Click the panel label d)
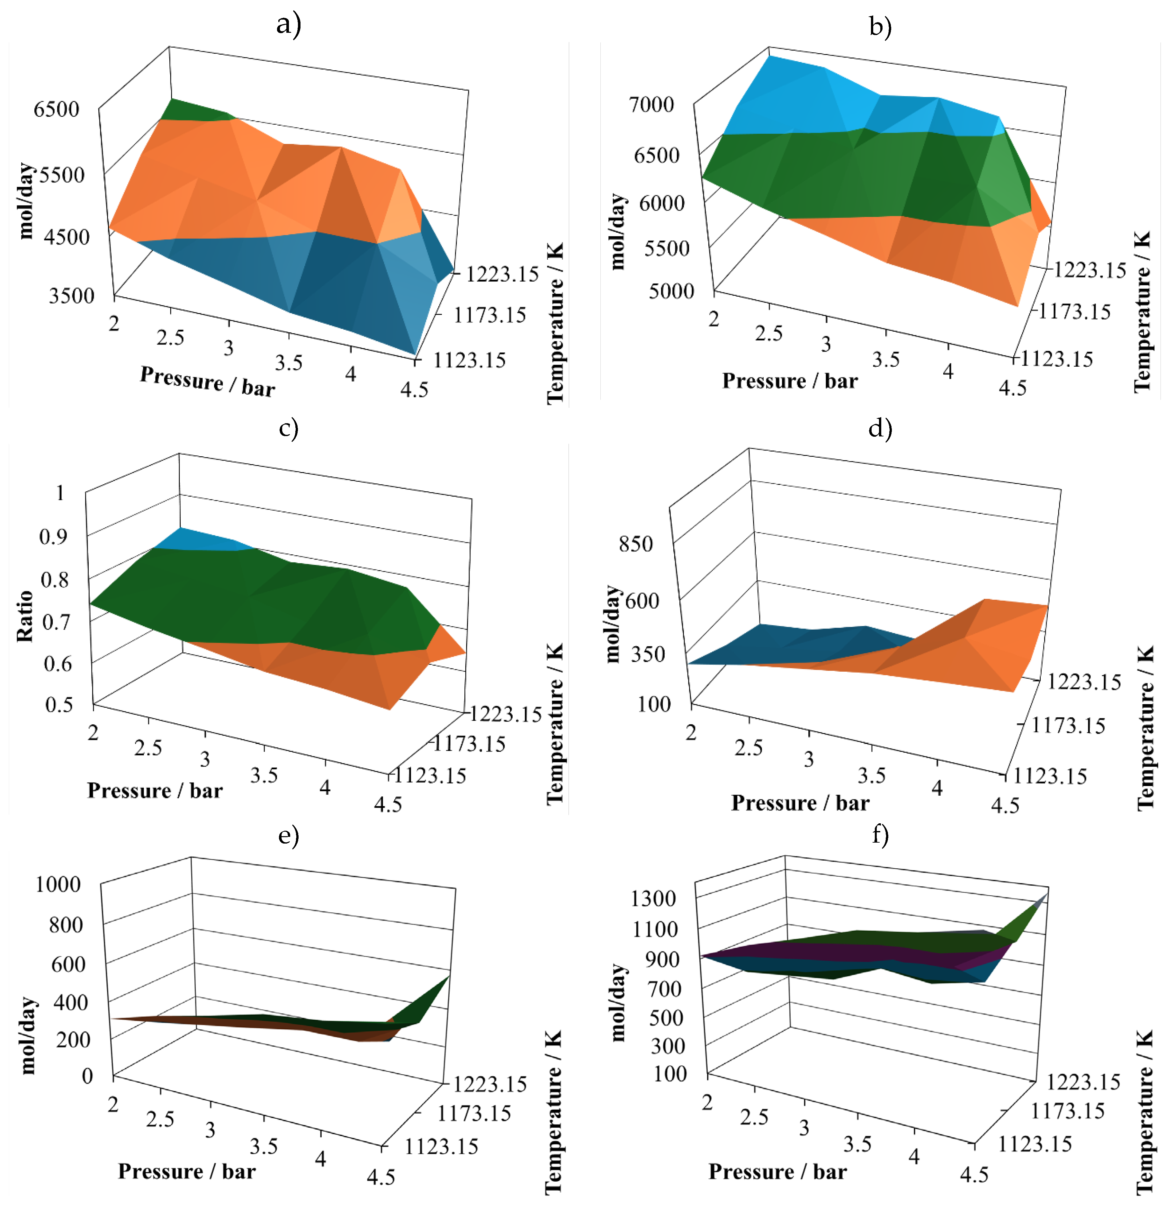(x=880, y=427)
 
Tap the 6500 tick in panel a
(x=57, y=109)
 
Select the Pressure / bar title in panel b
(x=789, y=381)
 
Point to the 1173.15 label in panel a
(x=490, y=316)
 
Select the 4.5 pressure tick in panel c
(x=388, y=804)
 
